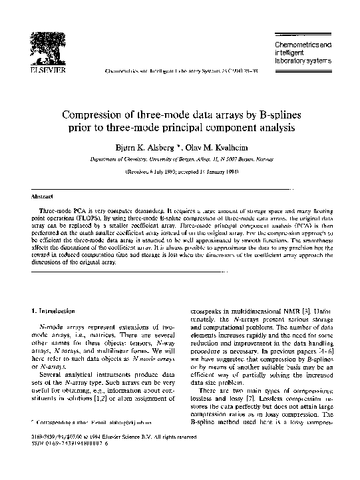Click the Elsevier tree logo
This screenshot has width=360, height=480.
tap(50, 45)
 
